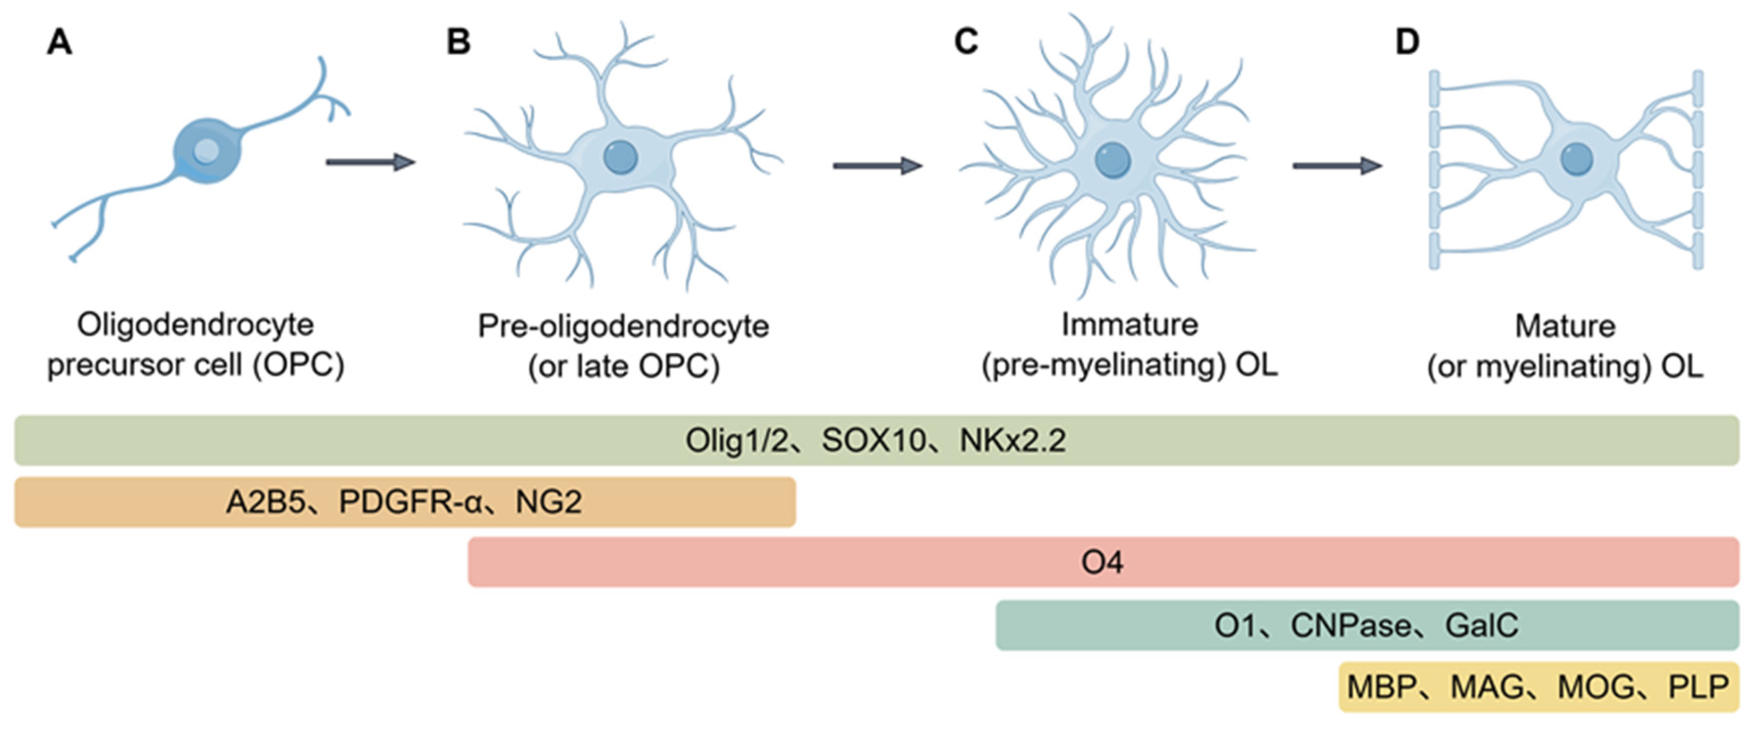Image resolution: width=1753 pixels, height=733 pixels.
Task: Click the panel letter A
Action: [x=59, y=42]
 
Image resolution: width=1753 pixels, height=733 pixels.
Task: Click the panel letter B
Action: [x=458, y=42]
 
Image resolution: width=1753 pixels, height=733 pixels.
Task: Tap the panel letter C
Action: [x=966, y=42]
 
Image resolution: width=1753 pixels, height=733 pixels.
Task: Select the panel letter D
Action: [x=1407, y=42]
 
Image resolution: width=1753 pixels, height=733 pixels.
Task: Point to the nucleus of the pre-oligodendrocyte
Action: [x=620, y=157]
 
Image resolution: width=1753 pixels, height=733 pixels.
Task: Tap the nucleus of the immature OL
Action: [x=1112, y=161]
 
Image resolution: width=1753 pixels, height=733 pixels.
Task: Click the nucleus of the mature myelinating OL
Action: [x=1577, y=160]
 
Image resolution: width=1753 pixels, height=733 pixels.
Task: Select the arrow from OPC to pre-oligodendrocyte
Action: [x=370, y=162]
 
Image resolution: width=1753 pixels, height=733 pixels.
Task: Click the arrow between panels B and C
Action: [x=877, y=165]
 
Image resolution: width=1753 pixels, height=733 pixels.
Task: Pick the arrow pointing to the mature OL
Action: [x=1336, y=165]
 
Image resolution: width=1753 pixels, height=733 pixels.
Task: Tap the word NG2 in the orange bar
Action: [x=548, y=503]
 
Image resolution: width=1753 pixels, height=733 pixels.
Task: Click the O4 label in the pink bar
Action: [x=1102, y=563]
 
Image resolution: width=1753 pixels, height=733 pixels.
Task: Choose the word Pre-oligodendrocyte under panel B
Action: [x=623, y=326]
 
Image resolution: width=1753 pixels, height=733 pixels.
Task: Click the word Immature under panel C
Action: [x=1130, y=325]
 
